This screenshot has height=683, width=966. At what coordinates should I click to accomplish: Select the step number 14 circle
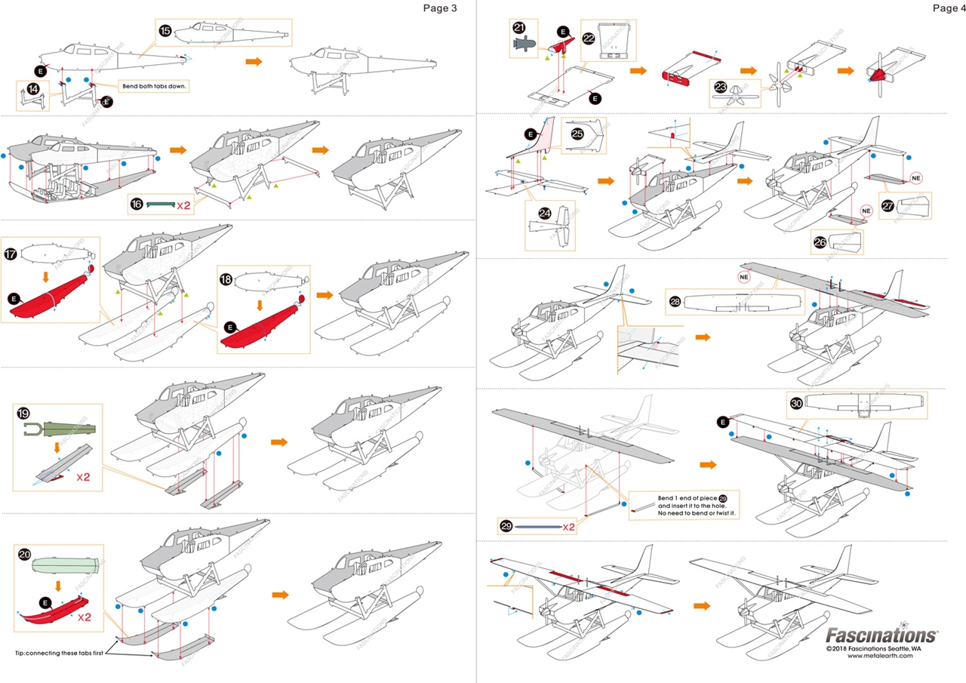click(x=33, y=88)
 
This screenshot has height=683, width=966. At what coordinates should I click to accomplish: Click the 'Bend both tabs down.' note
click(x=154, y=86)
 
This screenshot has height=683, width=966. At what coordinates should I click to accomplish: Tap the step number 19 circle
click(x=23, y=414)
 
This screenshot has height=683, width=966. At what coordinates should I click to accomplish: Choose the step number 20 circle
click(x=24, y=554)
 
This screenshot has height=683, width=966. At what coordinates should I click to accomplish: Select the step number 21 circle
click(x=519, y=27)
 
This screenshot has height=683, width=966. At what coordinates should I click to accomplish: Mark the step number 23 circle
click(x=720, y=87)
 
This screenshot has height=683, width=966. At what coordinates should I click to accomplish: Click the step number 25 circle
click(x=577, y=133)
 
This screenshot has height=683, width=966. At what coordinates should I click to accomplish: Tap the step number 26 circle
click(x=820, y=242)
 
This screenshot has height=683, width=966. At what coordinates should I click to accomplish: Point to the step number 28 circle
click(x=675, y=300)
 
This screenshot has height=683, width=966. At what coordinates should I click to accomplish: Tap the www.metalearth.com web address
click(x=880, y=656)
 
